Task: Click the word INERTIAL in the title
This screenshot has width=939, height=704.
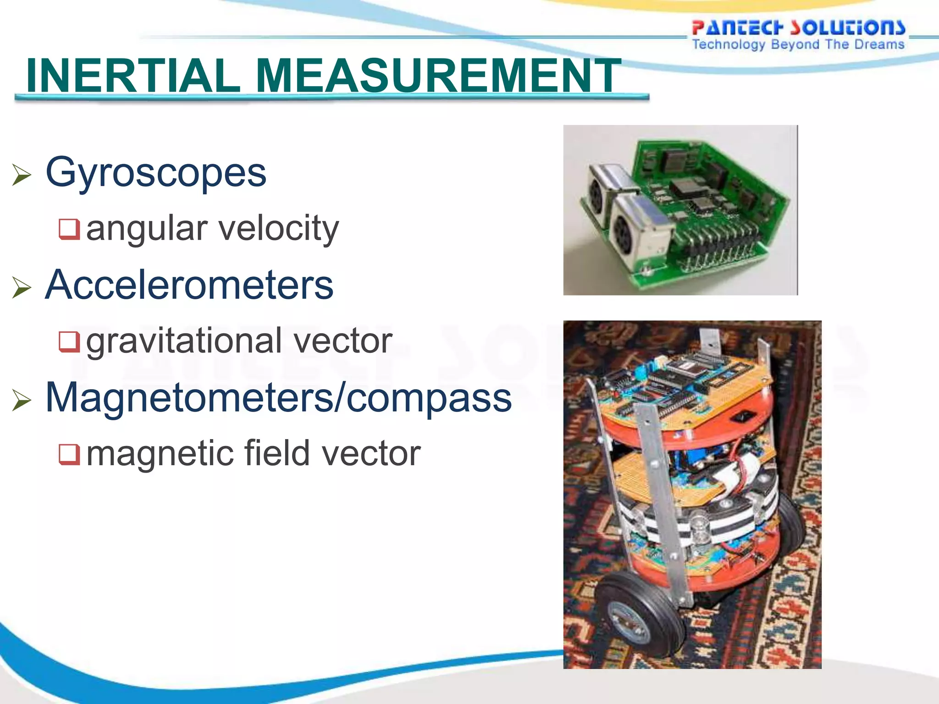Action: [x=133, y=76]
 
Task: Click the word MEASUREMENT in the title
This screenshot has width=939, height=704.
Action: [x=438, y=76]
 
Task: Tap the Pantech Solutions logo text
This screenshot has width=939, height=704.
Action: [x=798, y=27]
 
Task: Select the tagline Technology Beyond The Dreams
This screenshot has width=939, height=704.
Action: [x=798, y=44]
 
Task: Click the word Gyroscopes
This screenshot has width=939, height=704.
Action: [x=156, y=173]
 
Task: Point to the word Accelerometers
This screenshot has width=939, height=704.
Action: [x=189, y=285]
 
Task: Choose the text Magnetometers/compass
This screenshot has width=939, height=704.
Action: [x=278, y=398]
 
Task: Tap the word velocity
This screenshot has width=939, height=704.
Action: [x=278, y=228]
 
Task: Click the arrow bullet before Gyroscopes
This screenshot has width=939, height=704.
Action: [x=22, y=175]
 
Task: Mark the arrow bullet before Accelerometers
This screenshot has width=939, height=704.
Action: [x=22, y=287]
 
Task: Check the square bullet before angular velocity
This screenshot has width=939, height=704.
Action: [x=69, y=229]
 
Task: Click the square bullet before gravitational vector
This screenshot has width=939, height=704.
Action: [x=69, y=341]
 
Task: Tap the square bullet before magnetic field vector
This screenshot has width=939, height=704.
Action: [x=69, y=454]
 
